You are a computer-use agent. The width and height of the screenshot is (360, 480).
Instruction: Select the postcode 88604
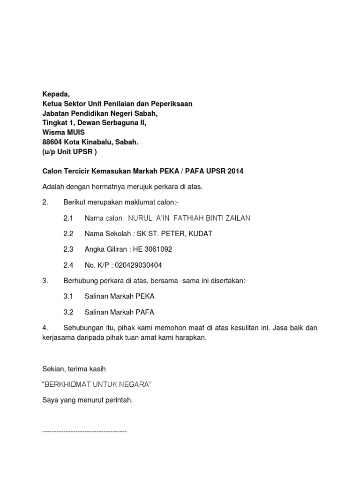[52, 142]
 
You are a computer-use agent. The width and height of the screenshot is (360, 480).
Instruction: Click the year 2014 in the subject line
[235, 172]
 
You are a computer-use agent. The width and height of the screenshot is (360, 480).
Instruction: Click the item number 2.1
[68, 218]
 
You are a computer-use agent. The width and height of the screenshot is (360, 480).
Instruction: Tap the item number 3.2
[68, 312]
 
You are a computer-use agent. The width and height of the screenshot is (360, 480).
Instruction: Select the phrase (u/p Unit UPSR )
[70, 152]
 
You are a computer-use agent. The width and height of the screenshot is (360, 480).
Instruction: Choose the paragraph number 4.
[45, 328]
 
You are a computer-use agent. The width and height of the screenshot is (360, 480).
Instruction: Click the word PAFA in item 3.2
[145, 312]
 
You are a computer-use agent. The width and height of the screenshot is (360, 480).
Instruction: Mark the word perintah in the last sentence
[120, 400]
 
